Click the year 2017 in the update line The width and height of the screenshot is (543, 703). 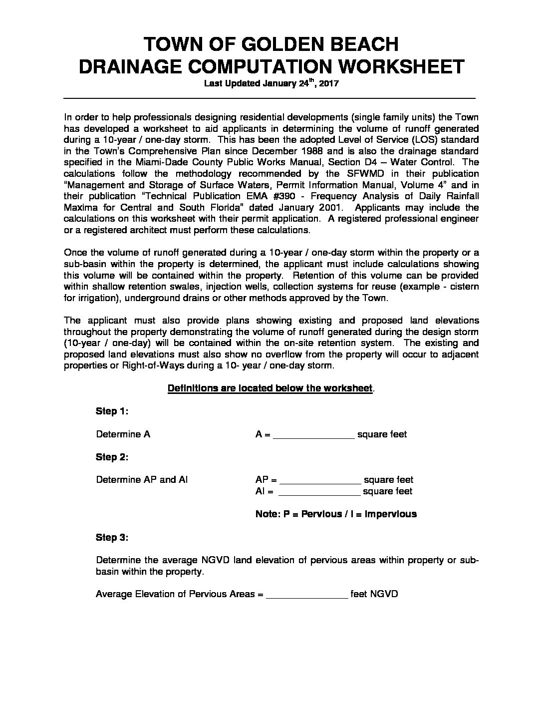(328, 84)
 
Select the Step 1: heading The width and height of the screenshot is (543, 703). (112, 411)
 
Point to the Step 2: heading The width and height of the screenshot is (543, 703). (112, 457)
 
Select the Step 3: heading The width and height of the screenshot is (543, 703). (112, 538)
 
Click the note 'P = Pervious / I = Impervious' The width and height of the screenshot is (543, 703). (336, 514)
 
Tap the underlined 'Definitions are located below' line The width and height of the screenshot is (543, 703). (270, 388)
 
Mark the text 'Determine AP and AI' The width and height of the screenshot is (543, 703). (142, 480)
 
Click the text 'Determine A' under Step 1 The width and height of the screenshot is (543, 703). (123, 434)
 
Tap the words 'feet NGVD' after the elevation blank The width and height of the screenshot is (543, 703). (374, 594)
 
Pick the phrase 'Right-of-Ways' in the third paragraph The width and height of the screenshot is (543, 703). (150, 365)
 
